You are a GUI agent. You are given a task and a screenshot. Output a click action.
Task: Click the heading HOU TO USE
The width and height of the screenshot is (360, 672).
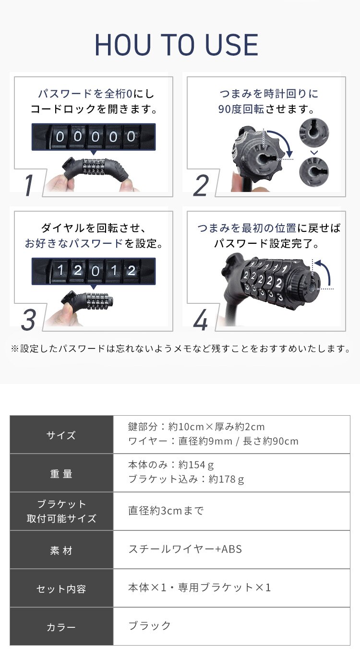177,46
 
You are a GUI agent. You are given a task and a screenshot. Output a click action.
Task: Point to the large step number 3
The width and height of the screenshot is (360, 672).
28,319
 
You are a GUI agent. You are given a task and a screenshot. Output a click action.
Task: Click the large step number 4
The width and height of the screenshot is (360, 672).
200,320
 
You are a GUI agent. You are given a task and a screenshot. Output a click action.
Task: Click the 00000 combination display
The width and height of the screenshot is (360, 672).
93,137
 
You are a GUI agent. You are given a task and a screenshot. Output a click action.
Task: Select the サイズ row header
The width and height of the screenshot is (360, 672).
61,435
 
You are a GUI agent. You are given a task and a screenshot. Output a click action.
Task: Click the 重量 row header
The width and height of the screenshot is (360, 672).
61,473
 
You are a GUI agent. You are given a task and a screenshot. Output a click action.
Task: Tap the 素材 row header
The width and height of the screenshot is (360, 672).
61,550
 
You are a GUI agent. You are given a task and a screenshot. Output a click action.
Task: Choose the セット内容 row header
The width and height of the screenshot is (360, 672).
61,588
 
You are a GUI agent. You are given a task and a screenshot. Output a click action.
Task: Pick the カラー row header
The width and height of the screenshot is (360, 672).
61,627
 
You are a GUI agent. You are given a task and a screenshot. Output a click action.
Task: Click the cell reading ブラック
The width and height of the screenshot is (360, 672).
150,625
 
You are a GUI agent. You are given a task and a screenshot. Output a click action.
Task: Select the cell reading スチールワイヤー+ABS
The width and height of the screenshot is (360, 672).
185,549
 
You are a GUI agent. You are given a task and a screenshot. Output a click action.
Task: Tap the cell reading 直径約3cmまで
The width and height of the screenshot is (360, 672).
166,510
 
